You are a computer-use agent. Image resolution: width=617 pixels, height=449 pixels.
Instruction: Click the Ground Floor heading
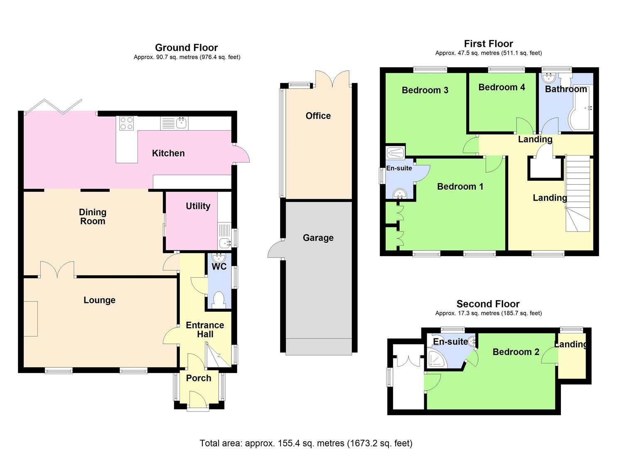pyautogui.click(x=186, y=48)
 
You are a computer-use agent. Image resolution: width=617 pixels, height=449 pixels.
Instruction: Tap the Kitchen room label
pyautogui.click(x=168, y=153)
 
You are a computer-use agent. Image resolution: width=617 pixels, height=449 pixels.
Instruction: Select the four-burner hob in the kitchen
pyautogui.click(x=126, y=123)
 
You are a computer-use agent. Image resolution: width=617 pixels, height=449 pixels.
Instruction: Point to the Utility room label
pyautogui.click(x=198, y=206)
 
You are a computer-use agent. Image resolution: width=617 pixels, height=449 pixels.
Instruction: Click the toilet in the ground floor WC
pyautogui.click(x=219, y=300)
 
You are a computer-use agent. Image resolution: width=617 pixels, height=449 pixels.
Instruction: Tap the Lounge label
pyautogui.click(x=99, y=300)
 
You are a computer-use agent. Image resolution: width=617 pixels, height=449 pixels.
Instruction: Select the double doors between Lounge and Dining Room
pyautogui.click(x=57, y=269)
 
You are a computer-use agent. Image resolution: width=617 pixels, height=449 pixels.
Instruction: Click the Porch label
pyautogui.click(x=199, y=378)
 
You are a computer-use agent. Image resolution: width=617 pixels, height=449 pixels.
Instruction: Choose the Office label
pyautogui.click(x=318, y=116)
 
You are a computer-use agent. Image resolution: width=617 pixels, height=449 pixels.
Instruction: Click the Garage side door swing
pyautogui.click(x=275, y=249)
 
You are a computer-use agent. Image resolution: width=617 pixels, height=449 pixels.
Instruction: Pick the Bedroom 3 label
pyautogui.click(x=425, y=90)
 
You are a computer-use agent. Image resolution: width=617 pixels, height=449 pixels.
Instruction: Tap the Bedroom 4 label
pyautogui.click(x=501, y=87)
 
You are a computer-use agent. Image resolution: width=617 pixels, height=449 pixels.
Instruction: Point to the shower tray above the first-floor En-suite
pyautogui.click(x=395, y=152)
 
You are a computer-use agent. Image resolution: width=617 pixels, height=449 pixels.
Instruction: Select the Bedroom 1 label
pyautogui.click(x=460, y=187)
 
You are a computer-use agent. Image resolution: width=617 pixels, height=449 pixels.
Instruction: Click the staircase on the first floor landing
pyautogui.click(x=578, y=193)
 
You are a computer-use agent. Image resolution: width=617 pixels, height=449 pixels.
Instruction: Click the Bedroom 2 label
pyautogui.click(x=516, y=352)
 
